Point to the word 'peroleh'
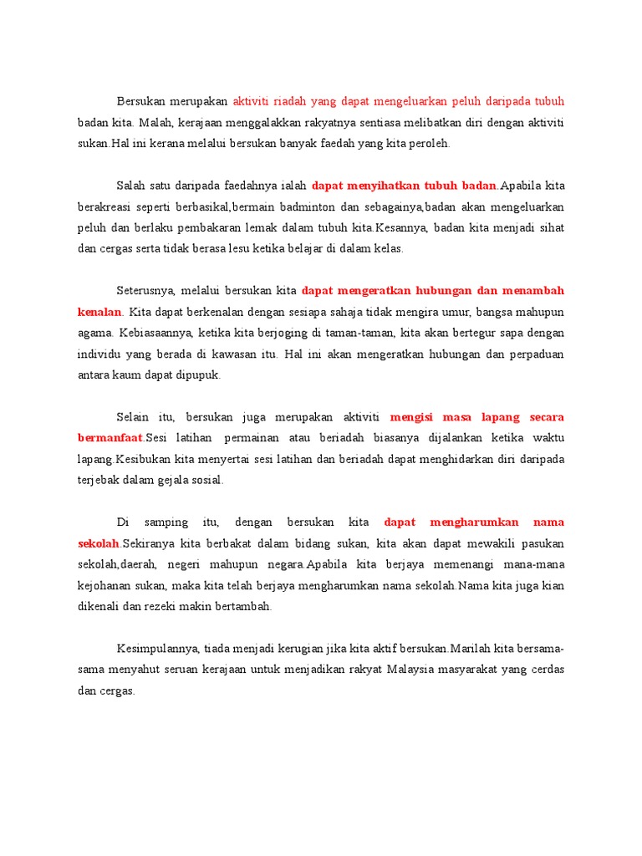point(430,143)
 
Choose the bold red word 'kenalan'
point(99,312)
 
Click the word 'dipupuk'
point(201,374)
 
